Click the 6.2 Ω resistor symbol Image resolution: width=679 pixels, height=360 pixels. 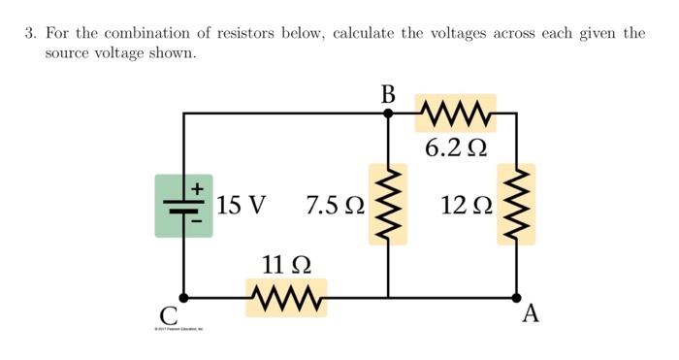(455, 113)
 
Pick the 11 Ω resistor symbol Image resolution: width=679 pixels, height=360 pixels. (286, 297)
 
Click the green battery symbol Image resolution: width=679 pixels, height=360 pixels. (183, 205)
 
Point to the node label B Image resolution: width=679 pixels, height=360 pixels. (388, 94)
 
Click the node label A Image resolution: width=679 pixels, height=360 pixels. (530, 314)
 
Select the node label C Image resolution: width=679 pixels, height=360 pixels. (169, 315)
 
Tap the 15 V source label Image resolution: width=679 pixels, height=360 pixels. (241, 206)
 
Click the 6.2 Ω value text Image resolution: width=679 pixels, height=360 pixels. (455, 147)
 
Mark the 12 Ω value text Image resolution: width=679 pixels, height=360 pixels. (466, 206)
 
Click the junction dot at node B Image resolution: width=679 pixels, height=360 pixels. (388, 113)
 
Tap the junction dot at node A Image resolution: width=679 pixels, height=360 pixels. (516, 297)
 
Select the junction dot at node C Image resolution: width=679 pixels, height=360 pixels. (183, 297)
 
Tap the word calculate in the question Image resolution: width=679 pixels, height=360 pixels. (365, 34)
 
